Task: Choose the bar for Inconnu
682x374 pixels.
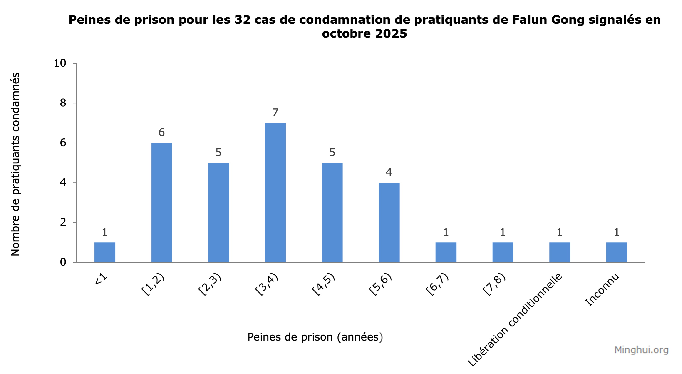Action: click(616, 252)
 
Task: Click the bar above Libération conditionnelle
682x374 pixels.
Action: click(559, 252)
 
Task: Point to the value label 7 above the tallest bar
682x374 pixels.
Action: click(275, 113)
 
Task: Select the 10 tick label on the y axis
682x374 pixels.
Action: click(60, 63)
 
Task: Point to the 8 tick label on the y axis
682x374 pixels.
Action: click(63, 103)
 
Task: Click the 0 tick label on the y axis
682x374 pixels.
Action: click(63, 262)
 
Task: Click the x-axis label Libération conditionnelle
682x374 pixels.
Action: click(515, 319)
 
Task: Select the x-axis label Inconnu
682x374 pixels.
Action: click(602, 289)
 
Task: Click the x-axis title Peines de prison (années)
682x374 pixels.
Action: click(315, 337)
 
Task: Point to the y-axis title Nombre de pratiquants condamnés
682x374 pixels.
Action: click(15, 164)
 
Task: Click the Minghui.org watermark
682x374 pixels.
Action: click(641, 350)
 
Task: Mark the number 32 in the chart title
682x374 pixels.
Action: click(243, 20)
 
